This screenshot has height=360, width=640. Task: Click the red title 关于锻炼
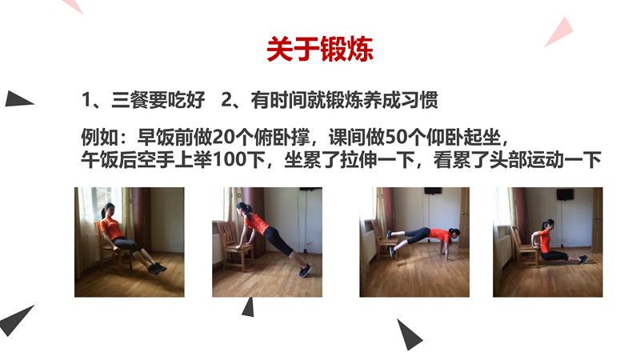[320, 50]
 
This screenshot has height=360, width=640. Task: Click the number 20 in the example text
[223, 138]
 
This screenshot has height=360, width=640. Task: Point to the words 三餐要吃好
[158, 100]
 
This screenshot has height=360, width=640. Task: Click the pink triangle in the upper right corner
[561, 33]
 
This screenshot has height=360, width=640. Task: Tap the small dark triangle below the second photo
[249, 308]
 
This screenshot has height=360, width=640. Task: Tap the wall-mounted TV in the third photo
[433, 191]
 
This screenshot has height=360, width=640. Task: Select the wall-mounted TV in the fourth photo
[565, 194]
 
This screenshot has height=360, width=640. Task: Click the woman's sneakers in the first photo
[157, 268]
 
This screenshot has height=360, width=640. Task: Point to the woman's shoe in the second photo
[305, 270]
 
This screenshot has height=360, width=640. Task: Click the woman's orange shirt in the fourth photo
[544, 238]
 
